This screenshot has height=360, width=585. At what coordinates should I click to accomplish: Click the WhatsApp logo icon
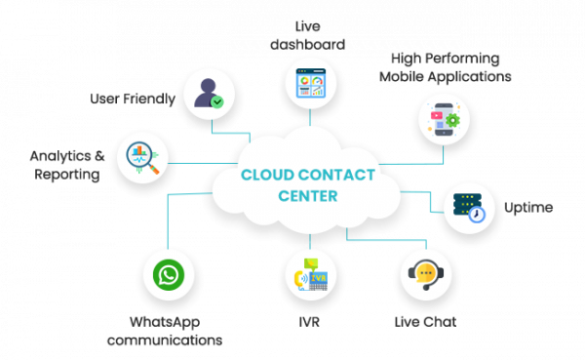coord(168,276)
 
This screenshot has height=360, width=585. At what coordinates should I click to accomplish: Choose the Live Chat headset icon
coord(425,274)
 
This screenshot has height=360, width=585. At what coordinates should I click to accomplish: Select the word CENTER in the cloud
coord(308,196)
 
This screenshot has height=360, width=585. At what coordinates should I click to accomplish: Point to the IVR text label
coord(309,321)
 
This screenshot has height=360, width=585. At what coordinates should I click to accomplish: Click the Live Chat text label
coord(425,321)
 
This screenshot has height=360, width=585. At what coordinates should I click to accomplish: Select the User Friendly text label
coord(133,99)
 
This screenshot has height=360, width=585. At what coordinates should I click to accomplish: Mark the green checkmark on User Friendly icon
coord(218,100)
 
